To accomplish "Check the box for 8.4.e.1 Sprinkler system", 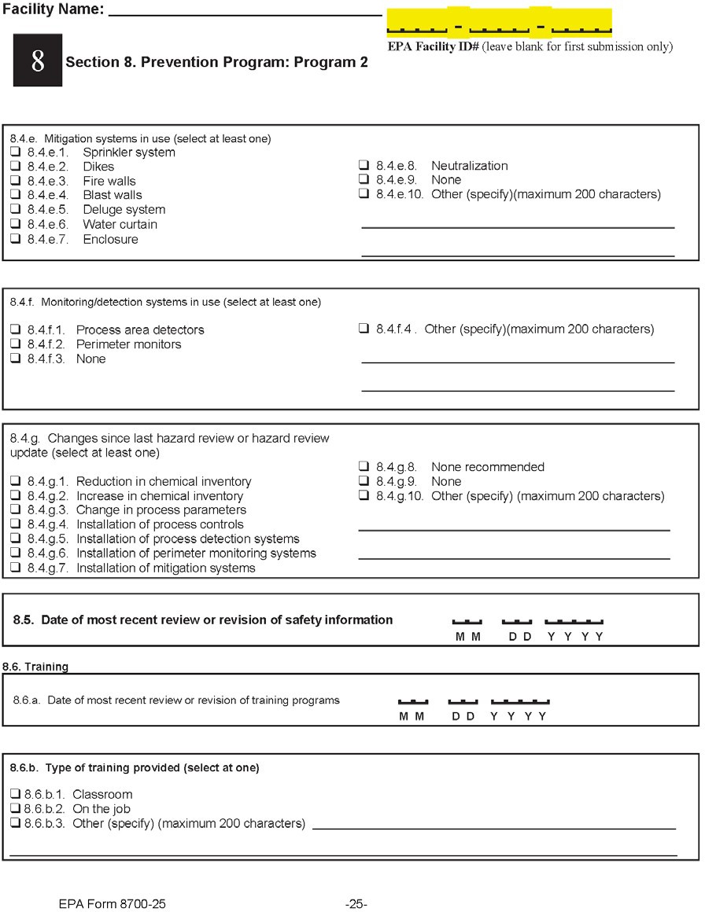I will [15, 152].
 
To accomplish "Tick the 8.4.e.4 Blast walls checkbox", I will [15, 195].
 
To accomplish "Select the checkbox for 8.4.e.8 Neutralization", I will [364, 166].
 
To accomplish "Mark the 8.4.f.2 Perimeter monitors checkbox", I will [15, 344].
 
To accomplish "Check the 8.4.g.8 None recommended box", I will [364, 467].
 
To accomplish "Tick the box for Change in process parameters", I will [15, 510].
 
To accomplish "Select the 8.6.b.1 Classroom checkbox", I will [15, 794].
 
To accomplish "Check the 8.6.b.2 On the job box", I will [15, 809].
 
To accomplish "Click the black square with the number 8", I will [37, 61].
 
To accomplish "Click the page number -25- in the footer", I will [356, 904].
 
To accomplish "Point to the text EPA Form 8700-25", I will [112, 904].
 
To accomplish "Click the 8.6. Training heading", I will [35, 667].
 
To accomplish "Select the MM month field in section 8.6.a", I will [412, 702].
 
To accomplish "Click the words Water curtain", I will [120, 225].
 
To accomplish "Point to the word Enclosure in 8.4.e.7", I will [110, 239].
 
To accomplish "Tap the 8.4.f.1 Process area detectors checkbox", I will [15, 330].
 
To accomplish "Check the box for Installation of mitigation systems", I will [15, 568].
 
